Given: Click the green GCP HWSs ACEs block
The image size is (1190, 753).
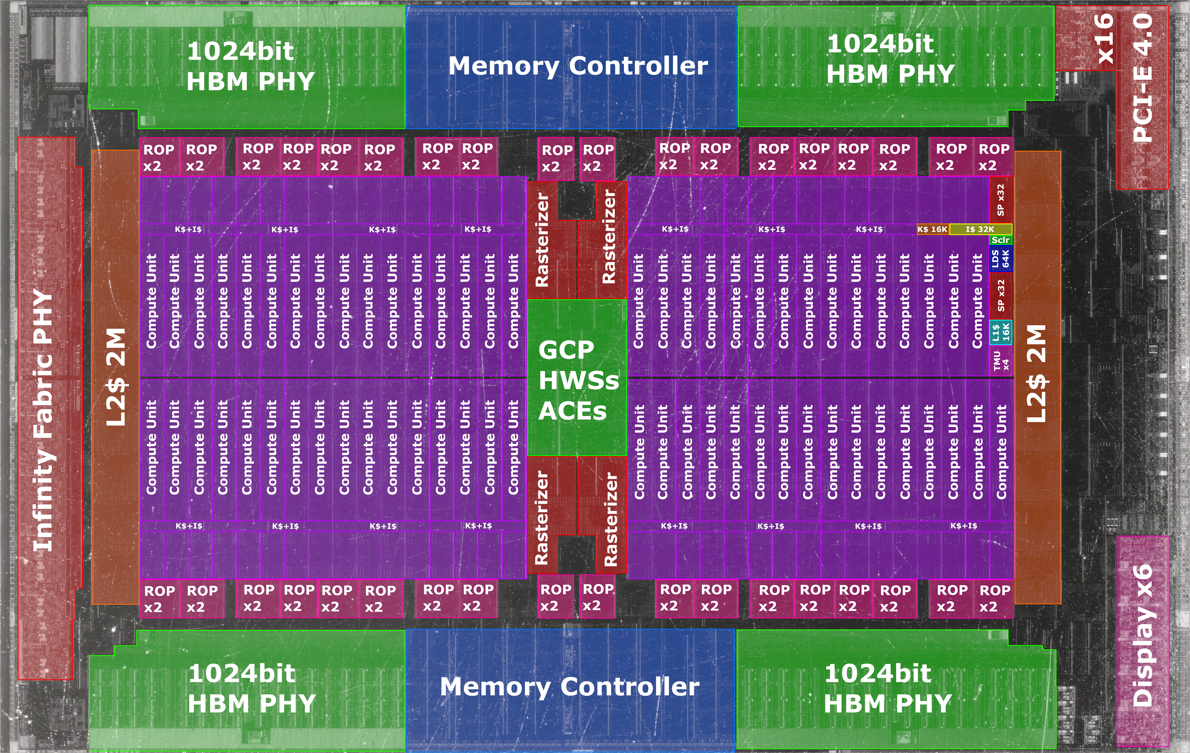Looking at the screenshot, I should [577, 378].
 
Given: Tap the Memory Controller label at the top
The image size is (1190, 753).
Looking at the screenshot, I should [578, 66].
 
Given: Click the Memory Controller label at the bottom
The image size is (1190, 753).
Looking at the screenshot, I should [570, 687].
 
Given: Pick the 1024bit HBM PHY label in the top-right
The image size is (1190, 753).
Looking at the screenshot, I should [890, 59].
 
